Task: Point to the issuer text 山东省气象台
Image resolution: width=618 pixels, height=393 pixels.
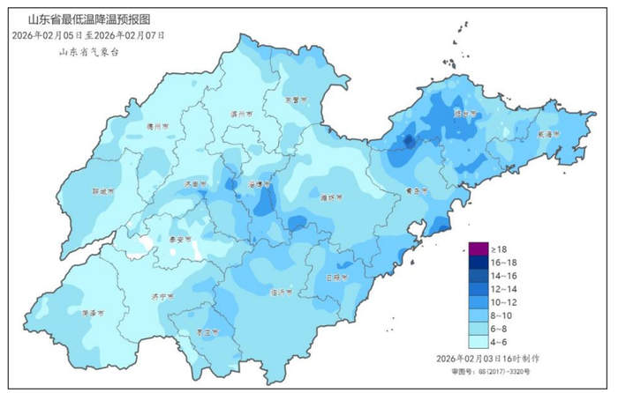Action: pyautogui.click(x=89, y=52)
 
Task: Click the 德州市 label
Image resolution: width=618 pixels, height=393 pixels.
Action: pyautogui.click(x=160, y=126)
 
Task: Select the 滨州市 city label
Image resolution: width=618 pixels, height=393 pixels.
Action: pyautogui.click(x=241, y=114)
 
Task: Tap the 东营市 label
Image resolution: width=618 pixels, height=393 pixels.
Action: pyautogui.click(x=292, y=100)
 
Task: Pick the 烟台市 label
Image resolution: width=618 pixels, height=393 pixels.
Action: pyautogui.click(x=464, y=113)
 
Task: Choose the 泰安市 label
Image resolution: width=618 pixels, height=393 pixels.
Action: pyautogui.click(x=180, y=239)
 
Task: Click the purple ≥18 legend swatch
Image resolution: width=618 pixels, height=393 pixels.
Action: pyautogui.click(x=478, y=249)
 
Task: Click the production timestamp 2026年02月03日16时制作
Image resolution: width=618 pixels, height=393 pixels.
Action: pyautogui.click(x=487, y=360)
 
